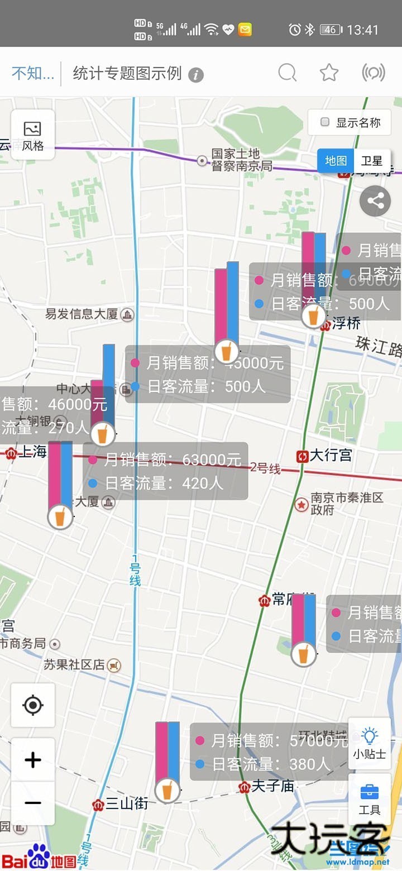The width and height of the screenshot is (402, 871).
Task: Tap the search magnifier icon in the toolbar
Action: click(287, 73)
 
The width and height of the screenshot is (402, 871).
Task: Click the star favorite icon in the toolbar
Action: click(329, 73)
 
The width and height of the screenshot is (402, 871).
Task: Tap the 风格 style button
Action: click(33, 136)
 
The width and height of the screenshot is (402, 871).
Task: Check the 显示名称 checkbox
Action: click(325, 122)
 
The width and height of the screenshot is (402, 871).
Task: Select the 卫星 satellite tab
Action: click(372, 161)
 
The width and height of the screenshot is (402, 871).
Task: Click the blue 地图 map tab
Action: click(336, 161)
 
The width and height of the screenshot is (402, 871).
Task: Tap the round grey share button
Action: click(375, 201)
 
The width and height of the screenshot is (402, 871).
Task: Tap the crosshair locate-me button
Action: click(33, 705)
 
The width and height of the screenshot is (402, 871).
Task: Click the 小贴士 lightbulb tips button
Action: click(369, 743)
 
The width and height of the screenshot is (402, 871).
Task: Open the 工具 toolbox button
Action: click(369, 799)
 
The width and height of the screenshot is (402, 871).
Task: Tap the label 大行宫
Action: click(331, 456)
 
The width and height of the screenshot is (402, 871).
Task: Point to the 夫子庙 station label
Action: click(272, 786)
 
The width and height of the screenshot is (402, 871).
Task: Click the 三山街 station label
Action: click(127, 804)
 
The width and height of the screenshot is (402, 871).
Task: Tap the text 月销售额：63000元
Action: click(172, 460)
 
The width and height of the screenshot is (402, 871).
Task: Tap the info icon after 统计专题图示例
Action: click(195, 75)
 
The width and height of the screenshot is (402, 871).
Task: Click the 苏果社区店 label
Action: click(74, 664)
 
